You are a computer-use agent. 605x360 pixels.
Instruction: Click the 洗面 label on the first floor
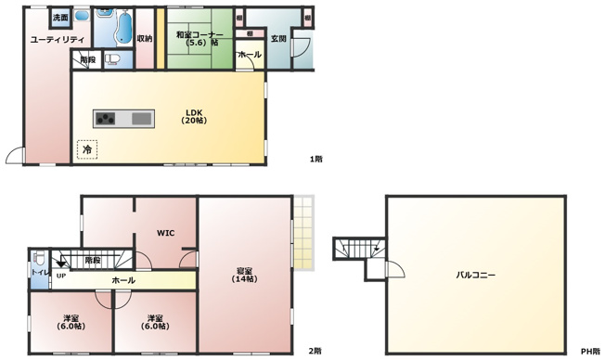pos(60,18)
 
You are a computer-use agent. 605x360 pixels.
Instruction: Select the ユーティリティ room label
pos(58,39)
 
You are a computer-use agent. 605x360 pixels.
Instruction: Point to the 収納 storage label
pos(144,39)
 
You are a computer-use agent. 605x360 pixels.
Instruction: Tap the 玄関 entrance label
pos(277,39)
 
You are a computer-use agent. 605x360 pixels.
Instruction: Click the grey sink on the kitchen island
pos(140,118)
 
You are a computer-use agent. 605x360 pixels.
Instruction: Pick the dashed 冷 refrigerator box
pos(87,148)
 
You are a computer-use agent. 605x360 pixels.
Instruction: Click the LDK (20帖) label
pos(194,117)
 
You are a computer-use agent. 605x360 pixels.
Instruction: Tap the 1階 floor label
pos(316,159)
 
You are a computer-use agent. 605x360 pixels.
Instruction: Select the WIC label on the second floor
pos(165,232)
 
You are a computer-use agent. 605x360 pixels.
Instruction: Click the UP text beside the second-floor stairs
pos(60,276)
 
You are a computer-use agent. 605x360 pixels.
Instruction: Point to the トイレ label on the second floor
pos(39,272)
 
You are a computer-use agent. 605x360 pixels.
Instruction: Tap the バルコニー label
pos(475,276)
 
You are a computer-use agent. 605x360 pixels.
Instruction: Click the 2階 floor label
pos(315,352)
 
